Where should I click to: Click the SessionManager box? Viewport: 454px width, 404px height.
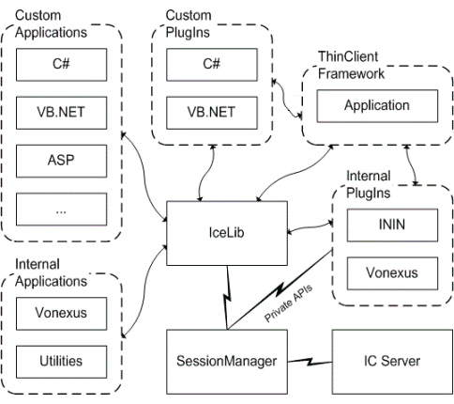pos(226,361)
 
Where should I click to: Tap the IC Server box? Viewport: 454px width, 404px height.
pos(388,361)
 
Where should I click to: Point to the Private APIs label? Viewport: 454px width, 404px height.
pos(292,306)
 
